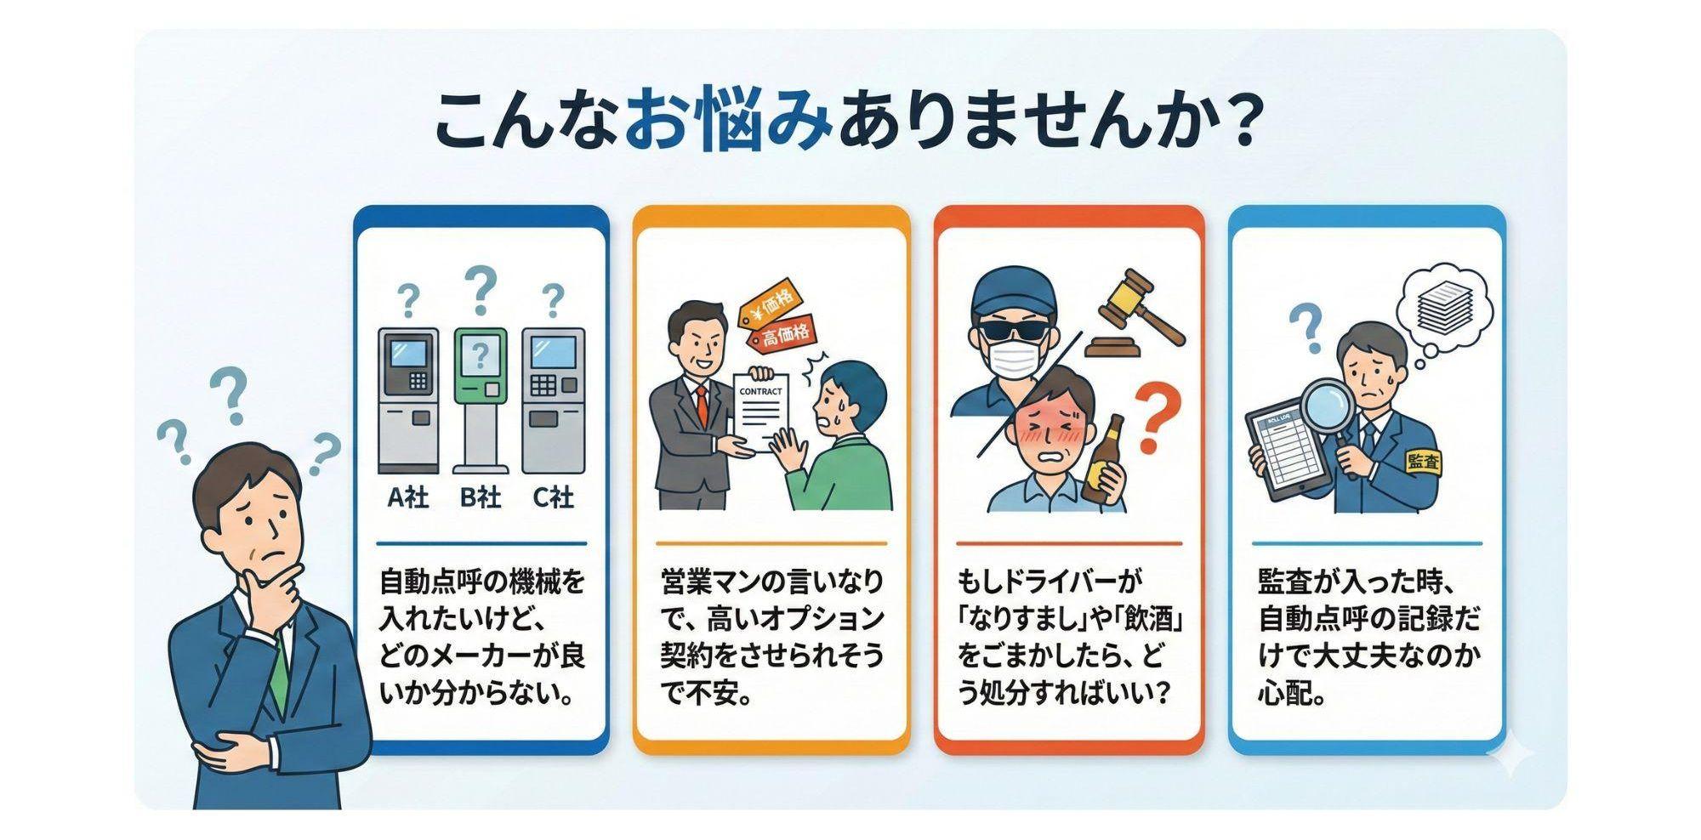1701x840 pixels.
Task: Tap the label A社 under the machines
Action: pos(408,497)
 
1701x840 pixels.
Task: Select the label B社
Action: pos(481,497)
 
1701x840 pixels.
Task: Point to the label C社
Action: pos(554,497)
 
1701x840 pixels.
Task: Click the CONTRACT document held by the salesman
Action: pos(760,408)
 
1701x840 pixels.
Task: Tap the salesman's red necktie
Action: pos(702,408)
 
